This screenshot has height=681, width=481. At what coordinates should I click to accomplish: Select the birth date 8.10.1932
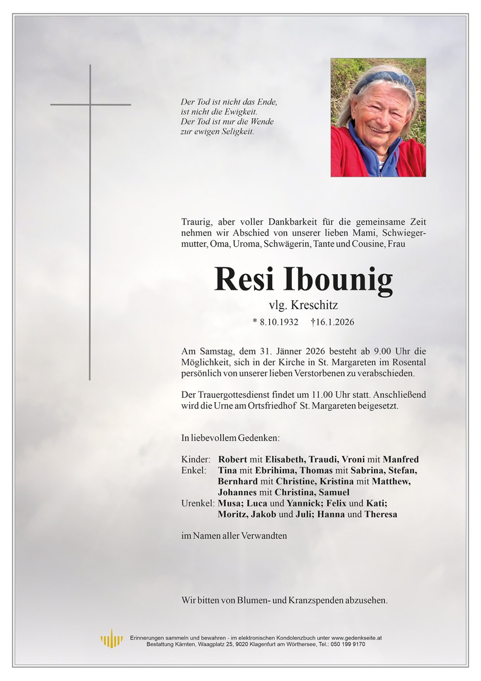click(279, 322)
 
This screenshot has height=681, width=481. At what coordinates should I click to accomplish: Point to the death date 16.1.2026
click(335, 322)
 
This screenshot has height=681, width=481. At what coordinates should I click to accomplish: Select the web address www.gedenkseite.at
click(356, 638)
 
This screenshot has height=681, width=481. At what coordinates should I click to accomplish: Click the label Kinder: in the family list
click(196, 460)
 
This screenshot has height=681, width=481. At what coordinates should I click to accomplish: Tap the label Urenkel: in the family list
click(198, 503)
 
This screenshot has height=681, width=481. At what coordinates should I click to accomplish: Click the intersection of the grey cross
click(90, 104)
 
